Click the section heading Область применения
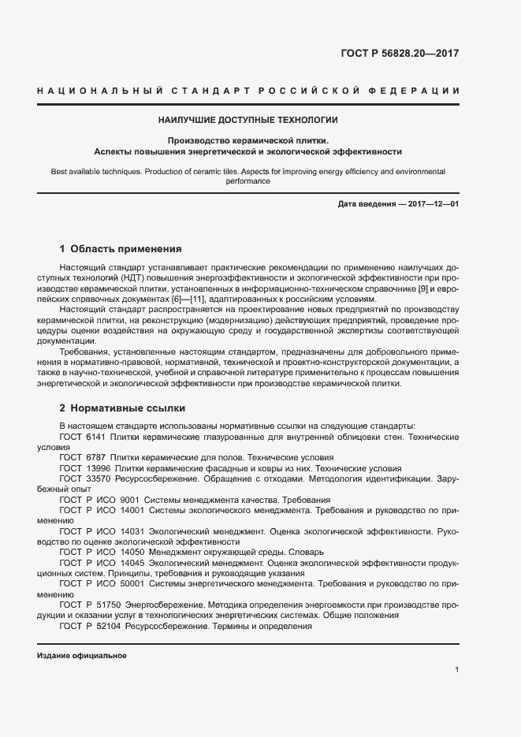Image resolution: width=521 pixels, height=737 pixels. pyautogui.click(x=125, y=248)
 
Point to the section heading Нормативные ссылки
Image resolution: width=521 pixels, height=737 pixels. pyautogui.click(x=127, y=408)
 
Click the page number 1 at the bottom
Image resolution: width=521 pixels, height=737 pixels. pyautogui.click(x=457, y=670)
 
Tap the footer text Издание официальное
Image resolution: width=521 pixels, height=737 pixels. pyautogui.click(x=81, y=656)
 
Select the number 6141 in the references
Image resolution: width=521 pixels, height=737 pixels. pyautogui.click(x=95, y=436)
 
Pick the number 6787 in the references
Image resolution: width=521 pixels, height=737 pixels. pyautogui.click(x=95, y=457)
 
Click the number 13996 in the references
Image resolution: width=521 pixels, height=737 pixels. pyautogui.click(x=97, y=467)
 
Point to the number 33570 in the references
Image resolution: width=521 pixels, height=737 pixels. pyautogui.click(x=97, y=478)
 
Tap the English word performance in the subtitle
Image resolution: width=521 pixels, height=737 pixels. pyautogui.click(x=248, y=181)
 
